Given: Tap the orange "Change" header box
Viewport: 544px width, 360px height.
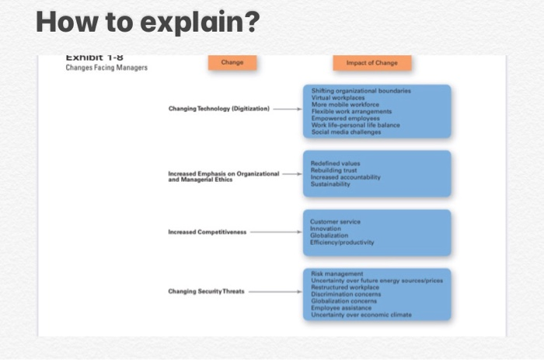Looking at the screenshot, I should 232,63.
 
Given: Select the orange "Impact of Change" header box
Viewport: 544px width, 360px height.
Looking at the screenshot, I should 372,63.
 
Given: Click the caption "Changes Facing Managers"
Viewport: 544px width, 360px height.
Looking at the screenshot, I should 106,68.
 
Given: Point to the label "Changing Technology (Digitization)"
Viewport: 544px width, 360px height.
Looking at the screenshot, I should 218,109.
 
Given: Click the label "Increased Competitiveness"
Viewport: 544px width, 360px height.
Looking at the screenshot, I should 207,232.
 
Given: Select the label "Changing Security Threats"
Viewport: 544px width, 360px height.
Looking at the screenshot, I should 206,292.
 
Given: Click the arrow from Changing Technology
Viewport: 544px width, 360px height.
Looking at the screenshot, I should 287,109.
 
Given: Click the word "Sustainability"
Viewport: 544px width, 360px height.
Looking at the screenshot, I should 330,185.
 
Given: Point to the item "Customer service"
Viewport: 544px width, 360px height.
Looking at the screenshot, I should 335,222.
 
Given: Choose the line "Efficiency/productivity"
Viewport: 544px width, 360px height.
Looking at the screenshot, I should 341,243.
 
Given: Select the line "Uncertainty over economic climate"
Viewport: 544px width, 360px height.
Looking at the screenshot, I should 361,315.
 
